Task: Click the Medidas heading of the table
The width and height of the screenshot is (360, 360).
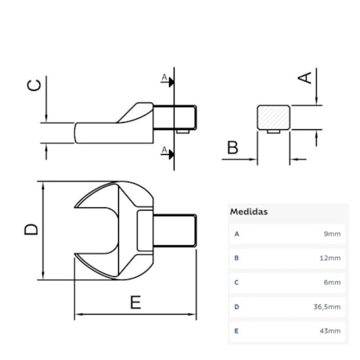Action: [x=249, y=211]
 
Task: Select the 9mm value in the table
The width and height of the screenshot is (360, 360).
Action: [x=333, y=234]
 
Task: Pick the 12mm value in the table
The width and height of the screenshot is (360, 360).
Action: [x=331, y=257]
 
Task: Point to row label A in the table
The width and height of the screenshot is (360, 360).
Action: [x=236, y=234]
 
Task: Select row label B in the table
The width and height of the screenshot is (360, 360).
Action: [x=236, y=257]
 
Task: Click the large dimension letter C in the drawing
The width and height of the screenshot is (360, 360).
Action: [x=34, y=85]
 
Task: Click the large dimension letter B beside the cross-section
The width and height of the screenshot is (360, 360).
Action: [x=232, y=146]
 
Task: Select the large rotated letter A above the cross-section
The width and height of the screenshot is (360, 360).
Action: [x=306, y=76]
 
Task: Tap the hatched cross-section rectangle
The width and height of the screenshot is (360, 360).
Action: [x=273, y=117]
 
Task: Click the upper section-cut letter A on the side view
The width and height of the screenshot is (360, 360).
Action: [x=164, y=77]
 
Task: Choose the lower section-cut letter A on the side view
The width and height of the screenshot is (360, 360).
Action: [x=164, y=149]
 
